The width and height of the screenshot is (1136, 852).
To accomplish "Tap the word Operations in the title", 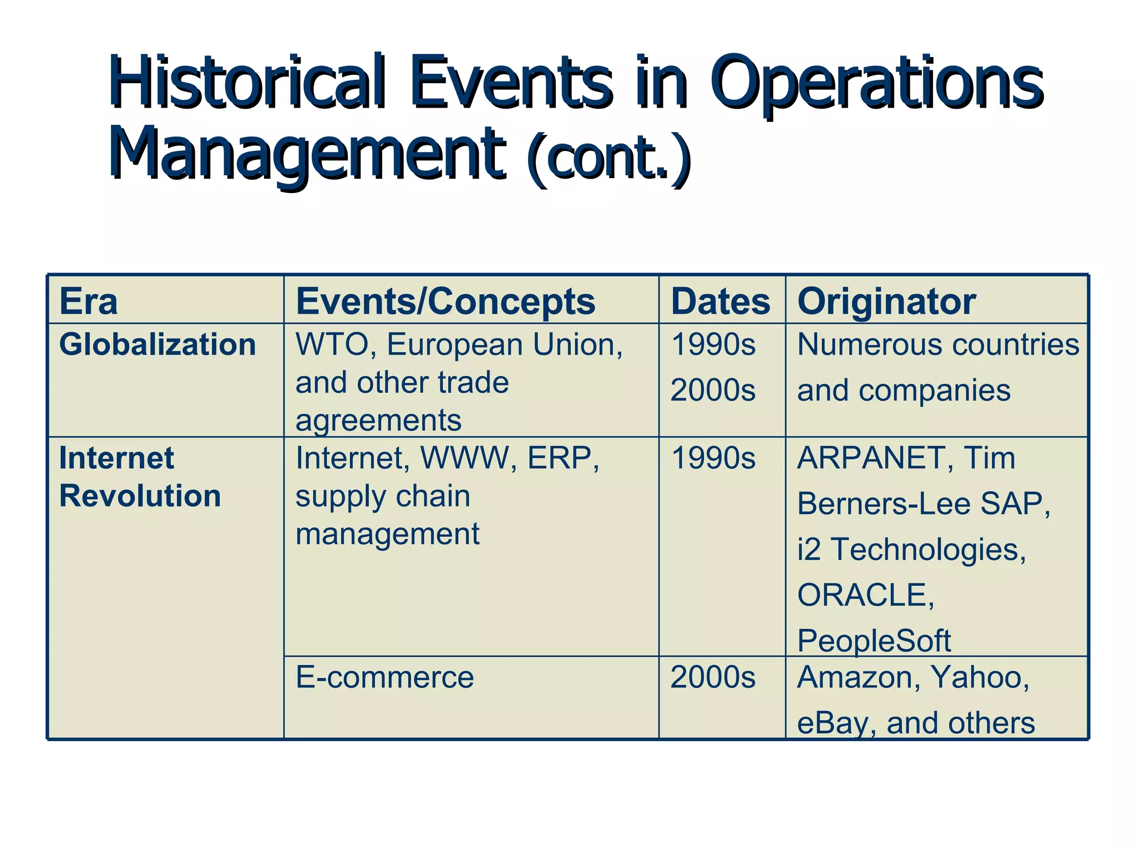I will (876, 83).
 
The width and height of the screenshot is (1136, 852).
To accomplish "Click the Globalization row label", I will (158, 344).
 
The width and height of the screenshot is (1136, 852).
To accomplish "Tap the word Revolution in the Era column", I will (140, 495).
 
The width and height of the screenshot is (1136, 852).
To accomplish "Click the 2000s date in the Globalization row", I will (713, 390).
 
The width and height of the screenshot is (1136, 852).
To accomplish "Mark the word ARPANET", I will (871, 458).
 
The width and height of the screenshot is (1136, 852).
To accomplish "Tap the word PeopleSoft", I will (874, 641).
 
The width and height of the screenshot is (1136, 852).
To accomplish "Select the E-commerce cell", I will (384, 677).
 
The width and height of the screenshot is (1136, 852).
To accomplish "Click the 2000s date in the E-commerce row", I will (713, 677).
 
